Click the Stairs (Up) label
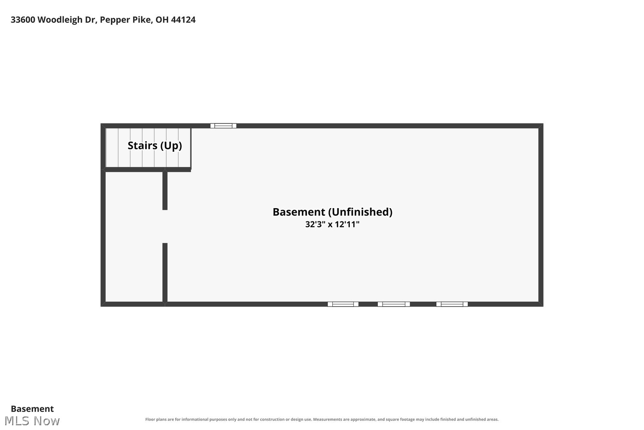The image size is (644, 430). [155, 146]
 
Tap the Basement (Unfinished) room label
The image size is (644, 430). [332, 212]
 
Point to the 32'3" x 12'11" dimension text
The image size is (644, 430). [332, 224]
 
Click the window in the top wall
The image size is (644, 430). [223, 126]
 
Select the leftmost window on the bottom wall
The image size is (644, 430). [343, 304]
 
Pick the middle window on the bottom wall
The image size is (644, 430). [394, 304]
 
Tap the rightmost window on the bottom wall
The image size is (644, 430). [452, 304]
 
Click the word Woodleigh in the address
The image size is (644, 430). [60, 20]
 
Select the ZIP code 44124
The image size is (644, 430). [183, 20]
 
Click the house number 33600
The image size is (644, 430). [23, 20]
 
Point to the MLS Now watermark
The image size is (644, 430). [32, 421]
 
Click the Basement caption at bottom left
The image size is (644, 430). [32, 408]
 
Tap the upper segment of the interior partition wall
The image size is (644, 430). [165, 190]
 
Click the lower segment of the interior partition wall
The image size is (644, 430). [165, 273]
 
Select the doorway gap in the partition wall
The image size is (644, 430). [165, 227]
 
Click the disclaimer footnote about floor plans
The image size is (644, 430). [322, 419]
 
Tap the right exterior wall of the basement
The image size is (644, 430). [541, 215]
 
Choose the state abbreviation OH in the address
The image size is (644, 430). [162, 20]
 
